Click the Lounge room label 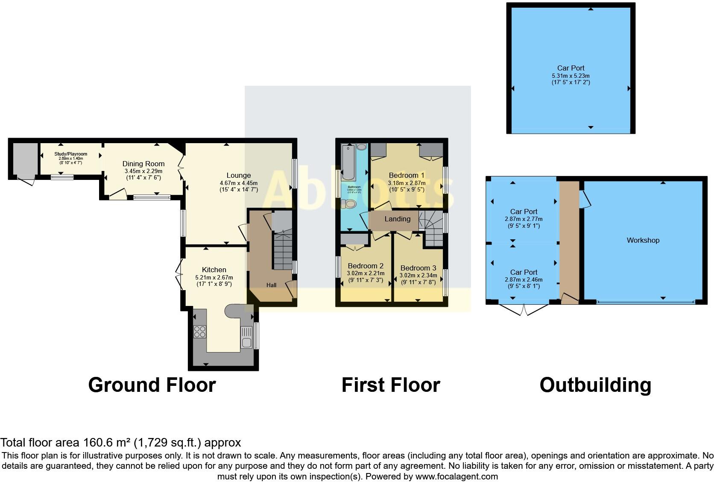[238, 175]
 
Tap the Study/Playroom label [70, 154]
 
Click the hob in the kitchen [200, 332]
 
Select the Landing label [397, 219]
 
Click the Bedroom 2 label [366, 266]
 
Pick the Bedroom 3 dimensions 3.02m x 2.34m [418, 276]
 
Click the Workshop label [643, 240]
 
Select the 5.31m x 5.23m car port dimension [571, 76]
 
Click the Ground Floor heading [152, 385]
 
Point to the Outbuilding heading [595, 385]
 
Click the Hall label [271, 285]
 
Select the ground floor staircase [282, 252]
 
